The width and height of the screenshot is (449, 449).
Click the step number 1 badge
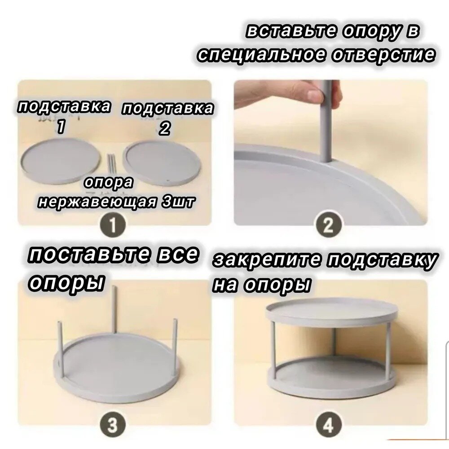[x=113, y=226]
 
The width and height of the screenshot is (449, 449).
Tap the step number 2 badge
[x=329, y=226]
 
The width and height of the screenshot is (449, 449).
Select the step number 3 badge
[x=113, y=426]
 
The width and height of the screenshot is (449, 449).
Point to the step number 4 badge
[x=329, y=426]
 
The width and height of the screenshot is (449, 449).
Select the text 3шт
[x=178, y=202]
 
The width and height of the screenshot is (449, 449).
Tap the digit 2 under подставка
[x=165, y=129]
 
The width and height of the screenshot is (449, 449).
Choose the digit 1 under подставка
[x=61, y=127]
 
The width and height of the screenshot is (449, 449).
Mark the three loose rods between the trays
[x=111, y=162]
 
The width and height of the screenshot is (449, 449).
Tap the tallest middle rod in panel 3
[x=114, y=309]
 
